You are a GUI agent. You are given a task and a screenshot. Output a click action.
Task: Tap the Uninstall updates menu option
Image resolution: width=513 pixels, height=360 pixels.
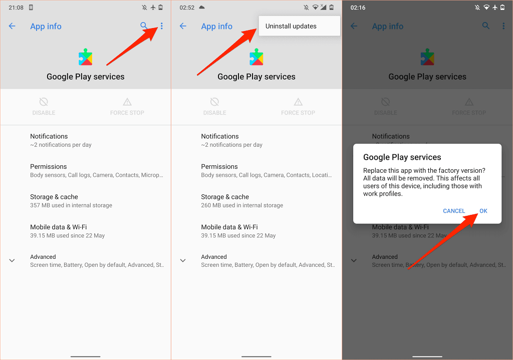click(291, 26)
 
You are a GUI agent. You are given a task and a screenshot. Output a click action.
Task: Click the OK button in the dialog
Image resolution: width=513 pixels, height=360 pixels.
click(483, 211)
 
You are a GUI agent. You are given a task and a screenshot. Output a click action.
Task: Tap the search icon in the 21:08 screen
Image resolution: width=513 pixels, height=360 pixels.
click(144, 26)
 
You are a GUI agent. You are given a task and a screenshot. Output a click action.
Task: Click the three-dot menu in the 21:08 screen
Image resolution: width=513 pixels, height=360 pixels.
click(162, 26)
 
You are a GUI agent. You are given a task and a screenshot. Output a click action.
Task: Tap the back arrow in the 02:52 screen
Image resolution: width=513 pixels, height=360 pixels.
click(183, 26)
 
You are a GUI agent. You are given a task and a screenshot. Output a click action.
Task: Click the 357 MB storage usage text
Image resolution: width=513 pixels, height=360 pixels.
click(71, 205)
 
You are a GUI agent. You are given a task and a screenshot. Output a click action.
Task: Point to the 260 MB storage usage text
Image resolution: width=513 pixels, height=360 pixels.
click(242, 205)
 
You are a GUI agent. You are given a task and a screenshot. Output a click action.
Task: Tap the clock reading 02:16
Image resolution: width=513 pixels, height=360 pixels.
click(358, 8)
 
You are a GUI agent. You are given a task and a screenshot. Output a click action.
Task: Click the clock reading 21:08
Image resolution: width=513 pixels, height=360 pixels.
click(16, 8)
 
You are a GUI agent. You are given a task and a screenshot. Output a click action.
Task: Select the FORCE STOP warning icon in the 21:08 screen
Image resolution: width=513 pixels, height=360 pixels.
click(127, 102)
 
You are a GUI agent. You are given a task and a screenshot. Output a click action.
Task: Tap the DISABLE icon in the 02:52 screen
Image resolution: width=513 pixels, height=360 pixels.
click(214, 102)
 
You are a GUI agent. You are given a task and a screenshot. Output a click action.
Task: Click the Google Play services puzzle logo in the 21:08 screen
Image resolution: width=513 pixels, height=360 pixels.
click(85, 58)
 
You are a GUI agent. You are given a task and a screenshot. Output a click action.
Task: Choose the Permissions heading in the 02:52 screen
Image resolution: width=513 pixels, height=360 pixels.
click(219, 166)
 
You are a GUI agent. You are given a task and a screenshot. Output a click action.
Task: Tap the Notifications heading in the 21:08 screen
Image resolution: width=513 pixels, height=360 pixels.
click(49, 136)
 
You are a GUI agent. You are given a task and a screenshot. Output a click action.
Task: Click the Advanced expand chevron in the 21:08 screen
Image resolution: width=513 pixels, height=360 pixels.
click(12, 260)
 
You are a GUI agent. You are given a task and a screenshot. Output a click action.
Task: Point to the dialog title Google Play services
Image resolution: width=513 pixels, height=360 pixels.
click(402, 157)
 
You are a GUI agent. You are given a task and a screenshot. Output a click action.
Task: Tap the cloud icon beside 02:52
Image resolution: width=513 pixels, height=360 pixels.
click(202, 7)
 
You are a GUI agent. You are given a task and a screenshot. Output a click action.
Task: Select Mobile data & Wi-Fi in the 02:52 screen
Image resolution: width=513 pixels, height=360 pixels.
click(229, 227)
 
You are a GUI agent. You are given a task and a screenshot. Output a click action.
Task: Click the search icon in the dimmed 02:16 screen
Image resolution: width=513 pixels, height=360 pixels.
click(486, 26)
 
